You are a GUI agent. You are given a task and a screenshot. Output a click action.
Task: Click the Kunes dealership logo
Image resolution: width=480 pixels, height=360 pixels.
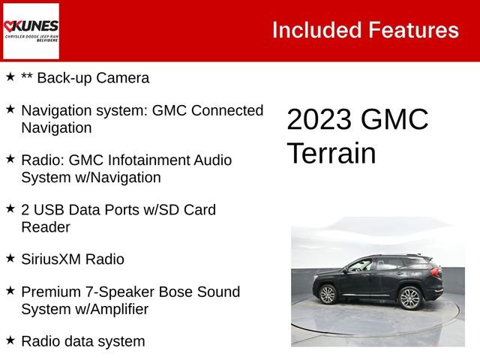click(x=31, y=31)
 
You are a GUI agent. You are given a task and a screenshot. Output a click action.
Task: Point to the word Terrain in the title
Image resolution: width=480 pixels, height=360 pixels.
click(x=331, y=153)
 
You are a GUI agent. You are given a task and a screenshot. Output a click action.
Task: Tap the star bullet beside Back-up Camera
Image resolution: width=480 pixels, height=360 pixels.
click(x=10, y=76)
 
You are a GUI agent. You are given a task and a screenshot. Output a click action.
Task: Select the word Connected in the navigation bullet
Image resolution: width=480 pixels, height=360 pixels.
click(x=227, y=111)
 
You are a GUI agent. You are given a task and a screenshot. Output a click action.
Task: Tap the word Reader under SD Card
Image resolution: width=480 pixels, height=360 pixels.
click(x=46, y=227)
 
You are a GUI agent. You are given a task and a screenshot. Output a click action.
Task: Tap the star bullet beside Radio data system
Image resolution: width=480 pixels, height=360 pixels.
click(x=10, y=340)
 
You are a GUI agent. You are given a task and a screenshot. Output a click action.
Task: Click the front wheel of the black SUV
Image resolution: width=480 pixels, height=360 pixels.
click(x=328, y=295)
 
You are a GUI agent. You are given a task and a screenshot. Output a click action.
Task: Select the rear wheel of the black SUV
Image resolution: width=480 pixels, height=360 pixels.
click(x=409, y=298)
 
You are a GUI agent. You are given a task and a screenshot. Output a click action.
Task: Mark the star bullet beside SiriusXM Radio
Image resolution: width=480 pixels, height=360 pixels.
click(x=10, y=258)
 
